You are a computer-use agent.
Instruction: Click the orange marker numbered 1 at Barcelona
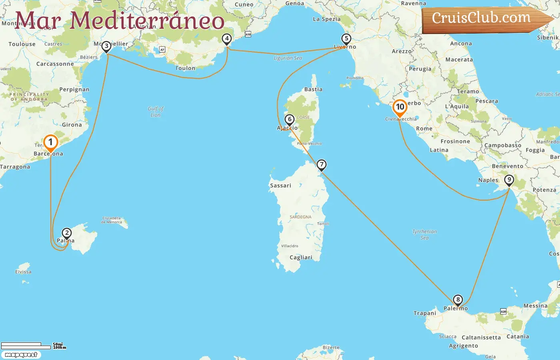[x=50, y=142]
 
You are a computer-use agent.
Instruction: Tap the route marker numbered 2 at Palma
[x=67, y=233]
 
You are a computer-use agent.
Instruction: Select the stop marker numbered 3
[x=106, y=46]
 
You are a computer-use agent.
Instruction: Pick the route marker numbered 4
[x=227, y=39]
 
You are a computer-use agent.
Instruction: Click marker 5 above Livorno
[x=346, y=39]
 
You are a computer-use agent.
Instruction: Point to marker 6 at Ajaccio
[x=290, y=120]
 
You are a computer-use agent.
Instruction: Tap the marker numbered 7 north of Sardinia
[x=322, y=165]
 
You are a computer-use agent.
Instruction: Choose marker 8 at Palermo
[x=458, y=300]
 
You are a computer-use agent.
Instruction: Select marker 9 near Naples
[x=509, y=180]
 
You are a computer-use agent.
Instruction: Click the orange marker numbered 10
[x=400, y=107]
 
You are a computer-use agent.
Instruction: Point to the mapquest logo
[x=21, y=355]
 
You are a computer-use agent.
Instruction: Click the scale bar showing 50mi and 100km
[x=33, y=346]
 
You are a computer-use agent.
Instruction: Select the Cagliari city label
[x=301, y=258]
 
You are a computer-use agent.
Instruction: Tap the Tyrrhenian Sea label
[x=424, y=234]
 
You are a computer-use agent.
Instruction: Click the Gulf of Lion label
[x=156, y=112]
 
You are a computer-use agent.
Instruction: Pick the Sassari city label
[x=280, y=186]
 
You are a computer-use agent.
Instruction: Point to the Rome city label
[x=424, y=129]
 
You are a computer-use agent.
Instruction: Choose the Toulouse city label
[x=22, y=44]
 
